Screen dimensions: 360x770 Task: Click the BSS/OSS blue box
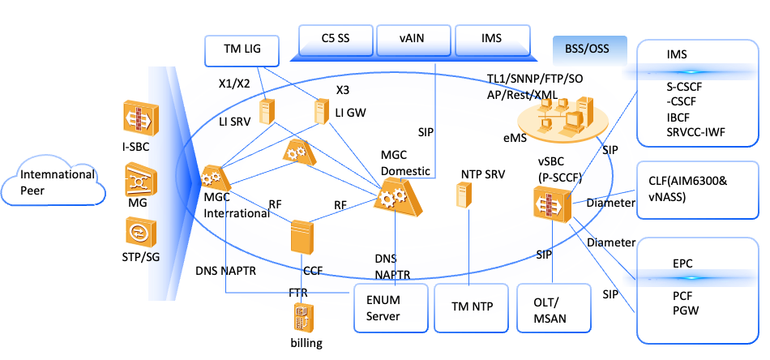tap(589, 49)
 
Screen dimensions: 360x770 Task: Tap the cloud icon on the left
tap(53, 182)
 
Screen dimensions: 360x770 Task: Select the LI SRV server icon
tap(267, 111)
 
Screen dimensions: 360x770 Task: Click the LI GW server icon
tap(322, 111)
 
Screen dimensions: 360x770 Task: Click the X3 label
tap(343, 90)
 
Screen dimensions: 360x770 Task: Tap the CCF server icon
tap(302, 236)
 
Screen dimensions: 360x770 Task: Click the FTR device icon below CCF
tap(303, 318)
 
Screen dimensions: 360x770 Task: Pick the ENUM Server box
tap(391, 307)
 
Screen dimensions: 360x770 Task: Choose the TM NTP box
tap(471, 307)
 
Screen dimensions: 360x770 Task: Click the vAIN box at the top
tap(413, 39)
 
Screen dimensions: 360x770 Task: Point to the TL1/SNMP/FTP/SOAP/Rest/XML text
tap(534, 86)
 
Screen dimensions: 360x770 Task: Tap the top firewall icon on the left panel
tap(139, 117)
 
